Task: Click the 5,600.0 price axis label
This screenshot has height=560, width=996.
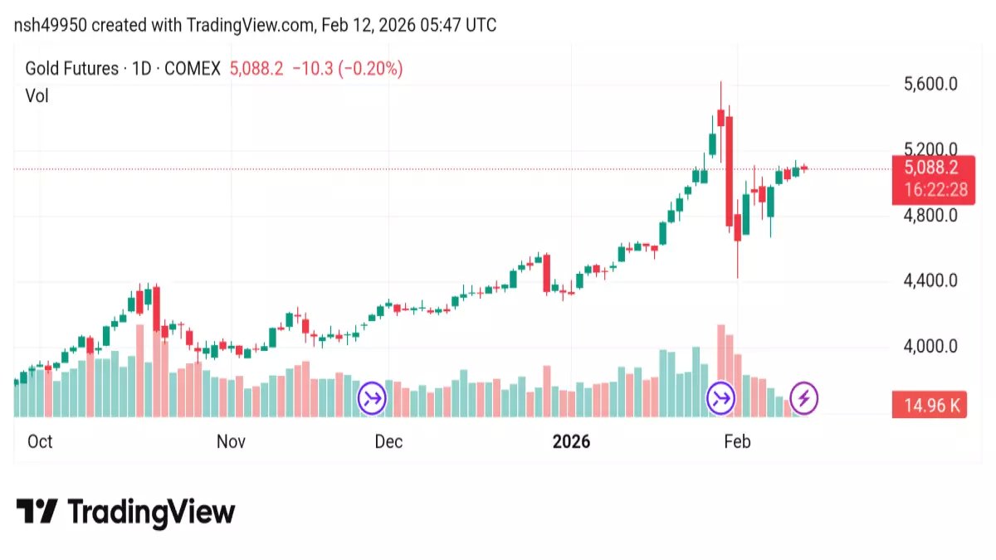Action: coord(929,84)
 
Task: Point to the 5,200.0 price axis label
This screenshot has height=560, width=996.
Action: coord(929,149)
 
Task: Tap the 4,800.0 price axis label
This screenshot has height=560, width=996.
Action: coord(929,215)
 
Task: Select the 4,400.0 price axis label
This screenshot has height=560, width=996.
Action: coord(929,280)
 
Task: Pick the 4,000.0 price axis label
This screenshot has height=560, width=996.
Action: coord(929,346)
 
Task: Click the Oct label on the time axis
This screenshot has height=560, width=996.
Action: coord(40,441)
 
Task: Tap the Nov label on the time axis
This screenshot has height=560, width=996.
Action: coord(231,441)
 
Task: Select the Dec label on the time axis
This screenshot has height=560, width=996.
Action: coord(388,441)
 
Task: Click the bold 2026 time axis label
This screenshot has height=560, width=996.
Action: coord(571,441)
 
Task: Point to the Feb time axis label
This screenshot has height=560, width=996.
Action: coord(737,441)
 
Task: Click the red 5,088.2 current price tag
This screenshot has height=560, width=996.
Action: coord(929,168)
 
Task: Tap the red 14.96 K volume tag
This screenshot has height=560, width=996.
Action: coord(929,407)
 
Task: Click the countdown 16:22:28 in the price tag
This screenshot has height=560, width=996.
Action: coord(929,190)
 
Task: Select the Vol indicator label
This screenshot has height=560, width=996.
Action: coord(37,95)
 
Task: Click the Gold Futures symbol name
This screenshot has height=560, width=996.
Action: coord(71,69)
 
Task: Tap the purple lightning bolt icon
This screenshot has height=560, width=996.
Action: coord(803,398)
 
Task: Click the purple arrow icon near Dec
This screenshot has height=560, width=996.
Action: coord(373,398)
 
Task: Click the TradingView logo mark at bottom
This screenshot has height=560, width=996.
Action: coord(37,511)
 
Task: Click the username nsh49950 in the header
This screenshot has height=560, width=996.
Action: coord(50,26)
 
